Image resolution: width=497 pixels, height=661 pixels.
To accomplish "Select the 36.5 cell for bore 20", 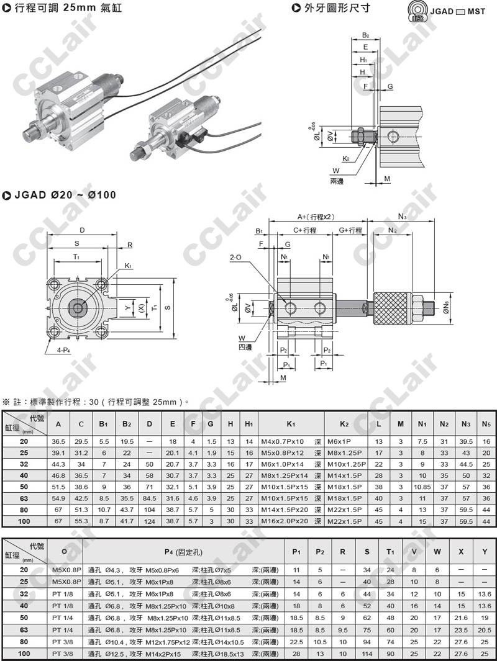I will click(59, 441).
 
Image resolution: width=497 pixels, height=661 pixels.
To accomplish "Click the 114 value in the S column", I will click(367, 654).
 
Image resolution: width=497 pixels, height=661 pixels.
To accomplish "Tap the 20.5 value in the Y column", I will click(485, 629).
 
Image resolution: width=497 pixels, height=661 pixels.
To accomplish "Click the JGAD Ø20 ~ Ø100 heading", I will click(64, 195).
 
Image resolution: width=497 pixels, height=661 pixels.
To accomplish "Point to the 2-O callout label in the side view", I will click(236, 256).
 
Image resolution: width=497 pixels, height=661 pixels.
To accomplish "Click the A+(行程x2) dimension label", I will click(316, 217).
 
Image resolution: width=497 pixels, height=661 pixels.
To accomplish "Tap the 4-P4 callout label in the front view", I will click(55, 349).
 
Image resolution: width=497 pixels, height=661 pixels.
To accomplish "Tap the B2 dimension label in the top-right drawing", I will click(366, 35).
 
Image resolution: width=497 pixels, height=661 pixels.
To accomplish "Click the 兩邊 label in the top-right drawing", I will click(337, 181).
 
